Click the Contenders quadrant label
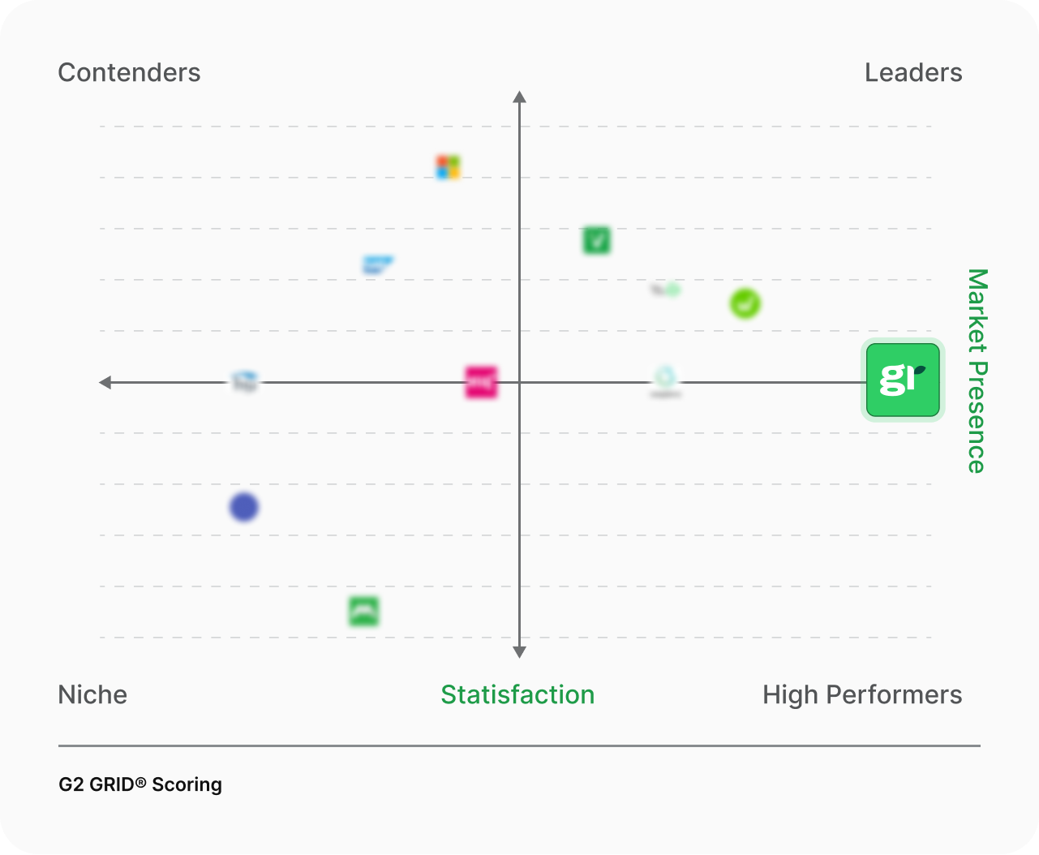[x=129, y=73]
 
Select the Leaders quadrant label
[x=913, y=73]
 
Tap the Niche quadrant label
[x=92, y=695]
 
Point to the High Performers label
[x=862, y=695]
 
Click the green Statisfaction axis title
[x=517, y=695]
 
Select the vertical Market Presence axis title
[x=977, y=371]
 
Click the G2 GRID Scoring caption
[x=140, y=784]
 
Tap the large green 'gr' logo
[x=903, y=380]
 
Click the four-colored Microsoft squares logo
[x=448, y=168]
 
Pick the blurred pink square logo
[x=481, y=382]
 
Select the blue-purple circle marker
[x=244, y=508]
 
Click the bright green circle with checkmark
[x=745, y=304]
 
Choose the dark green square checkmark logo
[x=596, y=240]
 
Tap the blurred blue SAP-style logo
[x=377, y=264]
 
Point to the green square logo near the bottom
[x=363, y=612]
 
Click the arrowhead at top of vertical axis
[x=520, y=97]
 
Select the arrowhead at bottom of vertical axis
[x=520, y=651]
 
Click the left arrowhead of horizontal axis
[x=105, y=382]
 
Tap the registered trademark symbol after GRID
[x=140, y=782]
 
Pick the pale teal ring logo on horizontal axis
[x=665, y=377]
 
